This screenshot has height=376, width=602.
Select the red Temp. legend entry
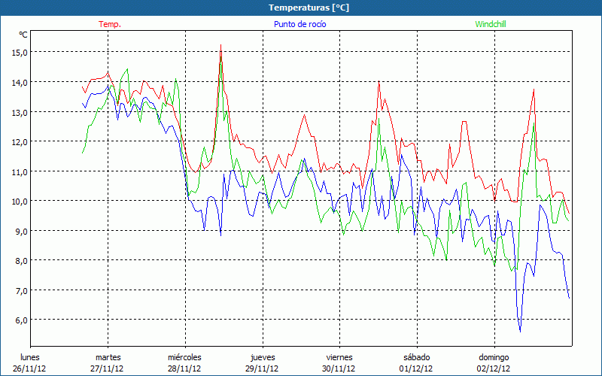[x=109, y=24]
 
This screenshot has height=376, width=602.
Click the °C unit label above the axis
[x=23, y=35]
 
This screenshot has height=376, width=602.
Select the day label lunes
[x=30, y=357]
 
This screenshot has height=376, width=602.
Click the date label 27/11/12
[x=108, y=368]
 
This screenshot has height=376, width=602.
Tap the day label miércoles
[x=184, y=357]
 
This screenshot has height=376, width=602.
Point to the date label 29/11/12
[x=262, y=368]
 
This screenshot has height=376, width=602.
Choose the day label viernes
[x=339, y=357]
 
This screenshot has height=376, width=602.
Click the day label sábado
[x=416, y=357]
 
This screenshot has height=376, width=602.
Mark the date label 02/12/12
[x=494, y=368]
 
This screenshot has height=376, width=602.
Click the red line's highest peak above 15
[x=220, y=45]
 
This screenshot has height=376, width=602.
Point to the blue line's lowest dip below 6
[x=520, y=331]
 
